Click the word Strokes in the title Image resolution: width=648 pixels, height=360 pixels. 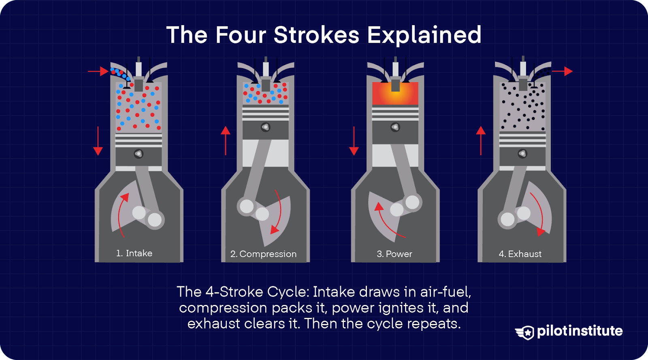[316, 35]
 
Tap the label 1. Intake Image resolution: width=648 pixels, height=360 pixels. [134, 253]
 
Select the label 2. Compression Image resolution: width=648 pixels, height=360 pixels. [263, 254]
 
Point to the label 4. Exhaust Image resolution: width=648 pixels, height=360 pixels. [520, 254]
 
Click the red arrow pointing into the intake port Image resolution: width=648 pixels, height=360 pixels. [98, 72]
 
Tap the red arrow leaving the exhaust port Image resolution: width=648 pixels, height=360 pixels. [562, 71]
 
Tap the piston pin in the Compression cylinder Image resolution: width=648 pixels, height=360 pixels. [265, 127]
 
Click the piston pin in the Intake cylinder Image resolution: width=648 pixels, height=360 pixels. [139, 154]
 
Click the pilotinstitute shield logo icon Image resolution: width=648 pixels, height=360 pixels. [526, 332]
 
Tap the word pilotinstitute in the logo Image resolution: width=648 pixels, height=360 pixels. [580, 331]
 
